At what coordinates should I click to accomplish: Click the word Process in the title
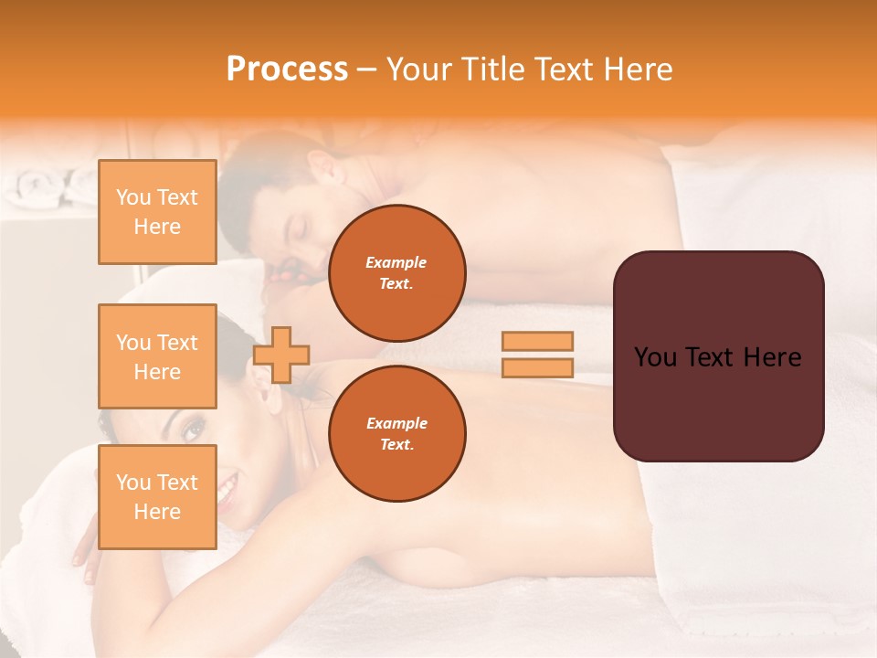(287, 69)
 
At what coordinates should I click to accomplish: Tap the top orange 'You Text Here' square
(157, 212)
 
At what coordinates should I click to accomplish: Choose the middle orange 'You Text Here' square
(157, 356)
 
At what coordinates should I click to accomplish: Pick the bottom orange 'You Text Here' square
(157, 496)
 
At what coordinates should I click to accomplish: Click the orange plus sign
(281, 355)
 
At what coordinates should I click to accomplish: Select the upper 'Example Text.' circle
(397, 273)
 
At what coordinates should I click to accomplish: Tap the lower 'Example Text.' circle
(397, 434)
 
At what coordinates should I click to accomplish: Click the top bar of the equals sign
(537, 341)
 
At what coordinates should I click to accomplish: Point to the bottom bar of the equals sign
(537, 368)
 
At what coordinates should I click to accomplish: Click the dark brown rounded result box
(718, 356)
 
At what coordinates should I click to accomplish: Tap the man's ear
(322, 170)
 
